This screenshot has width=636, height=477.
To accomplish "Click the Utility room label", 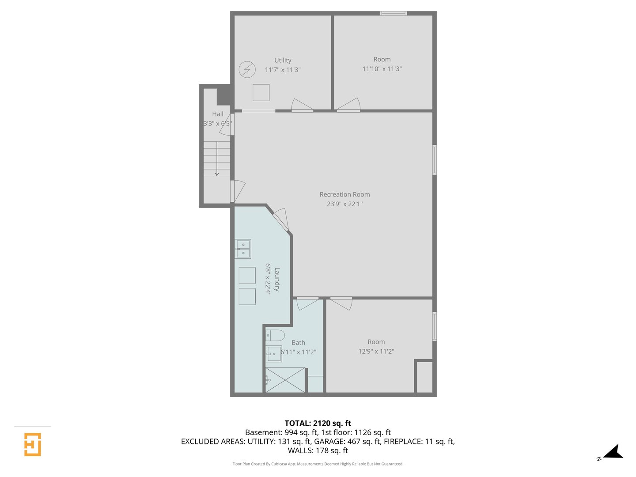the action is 283,60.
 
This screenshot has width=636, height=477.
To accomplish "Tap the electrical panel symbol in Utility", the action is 247,69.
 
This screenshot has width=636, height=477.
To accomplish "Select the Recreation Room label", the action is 344,194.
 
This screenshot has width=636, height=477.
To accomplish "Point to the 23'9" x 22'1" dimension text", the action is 344,204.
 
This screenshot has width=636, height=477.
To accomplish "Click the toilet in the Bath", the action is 275,335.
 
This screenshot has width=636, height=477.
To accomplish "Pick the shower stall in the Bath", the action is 285,380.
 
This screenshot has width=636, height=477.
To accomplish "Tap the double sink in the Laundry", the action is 243,249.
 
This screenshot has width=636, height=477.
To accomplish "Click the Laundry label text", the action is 277,279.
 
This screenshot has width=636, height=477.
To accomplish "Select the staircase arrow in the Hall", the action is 217,159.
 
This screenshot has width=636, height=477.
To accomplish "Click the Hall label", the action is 218,114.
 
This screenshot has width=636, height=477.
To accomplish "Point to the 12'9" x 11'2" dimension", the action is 376,351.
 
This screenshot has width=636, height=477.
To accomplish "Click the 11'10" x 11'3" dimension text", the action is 382,68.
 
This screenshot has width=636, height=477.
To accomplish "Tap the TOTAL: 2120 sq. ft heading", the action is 318,423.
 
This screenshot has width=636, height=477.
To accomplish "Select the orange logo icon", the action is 32,444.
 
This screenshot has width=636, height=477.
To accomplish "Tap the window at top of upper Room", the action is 393,13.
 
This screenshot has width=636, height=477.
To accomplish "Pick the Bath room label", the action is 298,343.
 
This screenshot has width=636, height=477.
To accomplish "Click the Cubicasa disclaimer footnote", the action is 318,464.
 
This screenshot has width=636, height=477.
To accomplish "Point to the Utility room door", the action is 302,105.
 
